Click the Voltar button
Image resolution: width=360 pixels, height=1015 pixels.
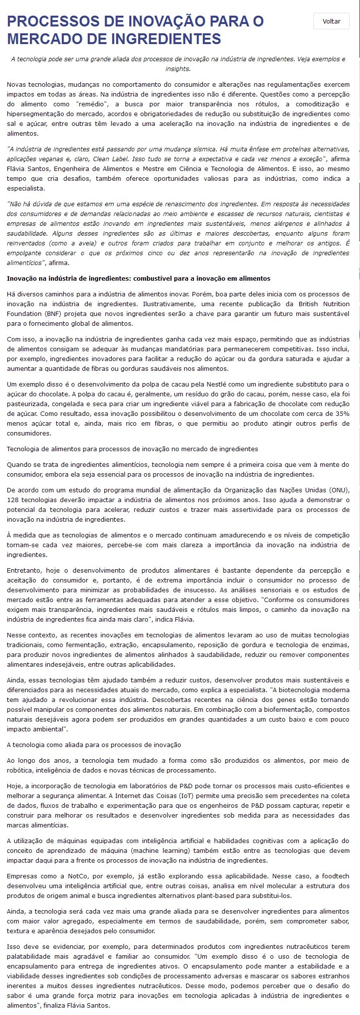332,22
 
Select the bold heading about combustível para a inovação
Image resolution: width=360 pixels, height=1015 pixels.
139,278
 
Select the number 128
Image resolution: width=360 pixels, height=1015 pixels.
14,500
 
